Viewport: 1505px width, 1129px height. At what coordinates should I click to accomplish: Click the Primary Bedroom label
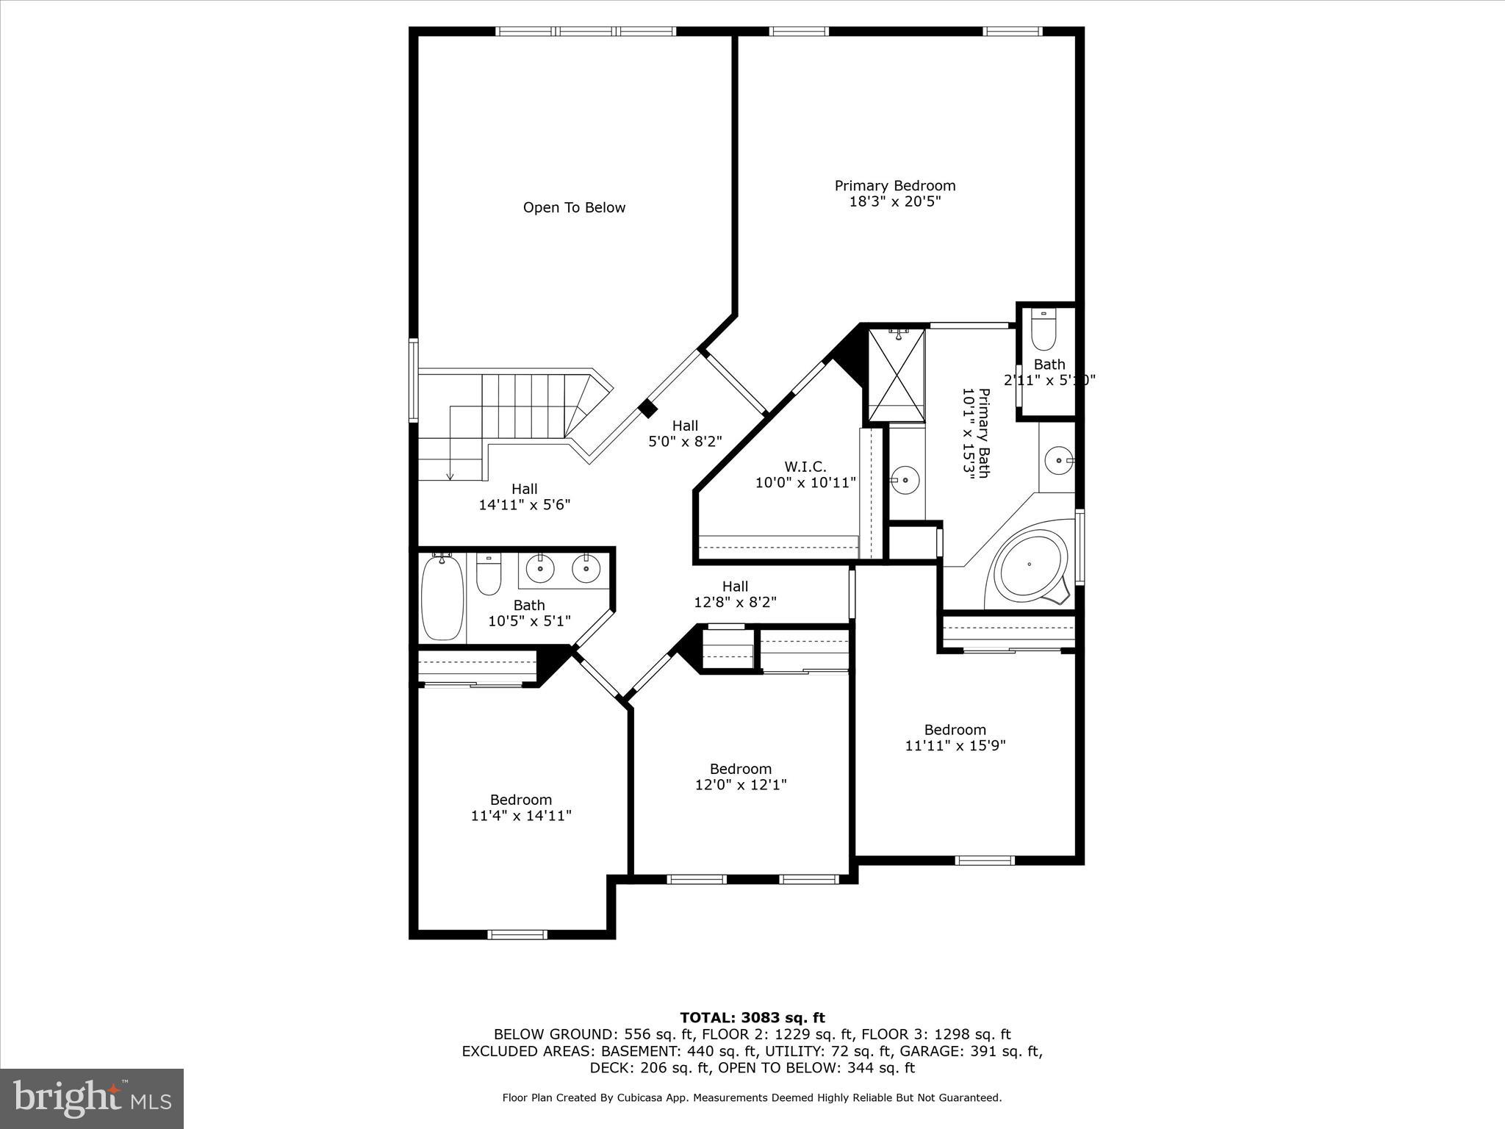click(894, 186)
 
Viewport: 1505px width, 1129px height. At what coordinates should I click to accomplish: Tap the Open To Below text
click(574, 208)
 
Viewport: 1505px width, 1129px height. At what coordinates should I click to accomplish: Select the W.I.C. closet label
click(805, 467)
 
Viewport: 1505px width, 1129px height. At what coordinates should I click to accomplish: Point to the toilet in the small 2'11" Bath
click(1043, 331)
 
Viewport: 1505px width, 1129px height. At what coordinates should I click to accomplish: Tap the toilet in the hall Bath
click(488, 575)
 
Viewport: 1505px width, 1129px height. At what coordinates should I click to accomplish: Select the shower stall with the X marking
click(897, 375)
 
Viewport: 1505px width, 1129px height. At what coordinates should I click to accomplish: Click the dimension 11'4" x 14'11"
click(521, 815)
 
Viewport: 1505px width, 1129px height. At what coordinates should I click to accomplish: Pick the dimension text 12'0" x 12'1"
click(741, 785)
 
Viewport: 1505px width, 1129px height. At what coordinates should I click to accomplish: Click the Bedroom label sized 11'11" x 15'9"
click(955, 730)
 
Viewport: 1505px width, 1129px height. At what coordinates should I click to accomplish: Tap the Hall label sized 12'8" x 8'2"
click(735, 587)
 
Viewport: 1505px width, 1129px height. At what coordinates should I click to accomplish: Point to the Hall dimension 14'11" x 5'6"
click(524, 505)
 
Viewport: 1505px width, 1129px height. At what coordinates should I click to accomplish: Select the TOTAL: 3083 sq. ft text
click(752, 1018)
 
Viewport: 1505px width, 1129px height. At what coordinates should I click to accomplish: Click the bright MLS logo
click(92, 1098)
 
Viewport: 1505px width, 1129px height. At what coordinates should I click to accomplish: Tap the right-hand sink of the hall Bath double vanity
click(586, 568)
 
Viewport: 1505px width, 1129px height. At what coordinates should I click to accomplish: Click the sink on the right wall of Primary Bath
click(1059, 460)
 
